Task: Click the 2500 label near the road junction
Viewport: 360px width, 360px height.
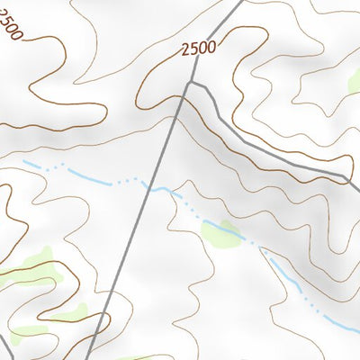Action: (198, 49)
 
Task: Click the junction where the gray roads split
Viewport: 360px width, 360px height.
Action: (188, 83)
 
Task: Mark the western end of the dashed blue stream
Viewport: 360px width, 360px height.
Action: (24, 162)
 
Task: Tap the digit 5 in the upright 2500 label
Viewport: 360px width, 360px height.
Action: (193, 50)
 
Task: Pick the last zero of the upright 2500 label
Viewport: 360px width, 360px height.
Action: (211, 46)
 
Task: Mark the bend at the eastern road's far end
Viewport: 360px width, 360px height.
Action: (347, 178)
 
